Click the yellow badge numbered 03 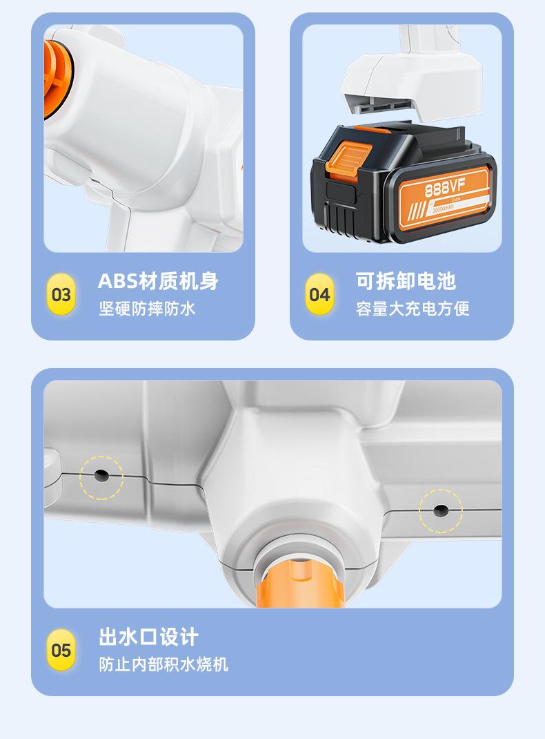click(61, 295)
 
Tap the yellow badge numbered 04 click(319, 295)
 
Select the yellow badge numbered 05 click(61, 650)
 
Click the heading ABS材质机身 click(158, 281)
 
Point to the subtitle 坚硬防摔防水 click(147, 309)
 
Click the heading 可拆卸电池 click(406, 281)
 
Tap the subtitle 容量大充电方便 click(413, 309)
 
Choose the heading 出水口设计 click(148, 636)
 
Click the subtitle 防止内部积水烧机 click(163, 664)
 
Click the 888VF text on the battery click(443, 188)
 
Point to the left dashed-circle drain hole click(101, 476)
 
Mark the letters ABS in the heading click(117, 281)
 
